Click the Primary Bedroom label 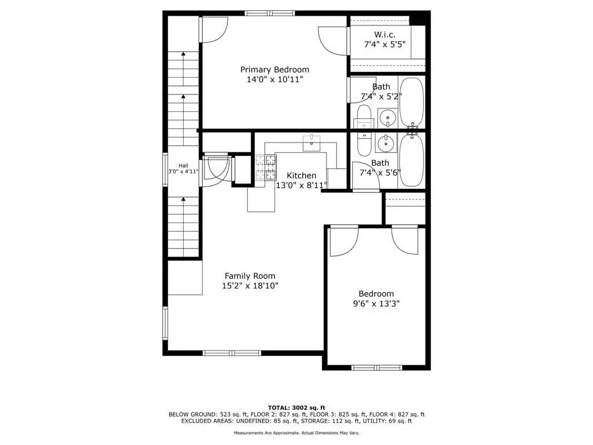coord(274,70)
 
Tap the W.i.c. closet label coord(385,34)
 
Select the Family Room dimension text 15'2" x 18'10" coord(250,286)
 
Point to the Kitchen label coord(301,176)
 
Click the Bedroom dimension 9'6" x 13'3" coord(376,304)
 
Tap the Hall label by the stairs coord(184,165)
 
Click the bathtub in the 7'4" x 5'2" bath coord(412,102)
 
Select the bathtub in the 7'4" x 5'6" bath coord(412,160)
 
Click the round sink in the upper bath coord(387,118)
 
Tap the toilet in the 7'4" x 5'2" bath coord(364,117)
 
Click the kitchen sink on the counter coord(311,144)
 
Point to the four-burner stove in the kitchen coord(266,167)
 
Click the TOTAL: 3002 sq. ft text coord(296,407)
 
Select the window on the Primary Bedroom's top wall coord(270,13)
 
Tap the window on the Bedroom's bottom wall coord(376,367)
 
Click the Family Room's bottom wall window coord(232,353)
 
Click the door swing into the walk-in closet coord(333,41)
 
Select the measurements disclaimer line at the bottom coord(296,433)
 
